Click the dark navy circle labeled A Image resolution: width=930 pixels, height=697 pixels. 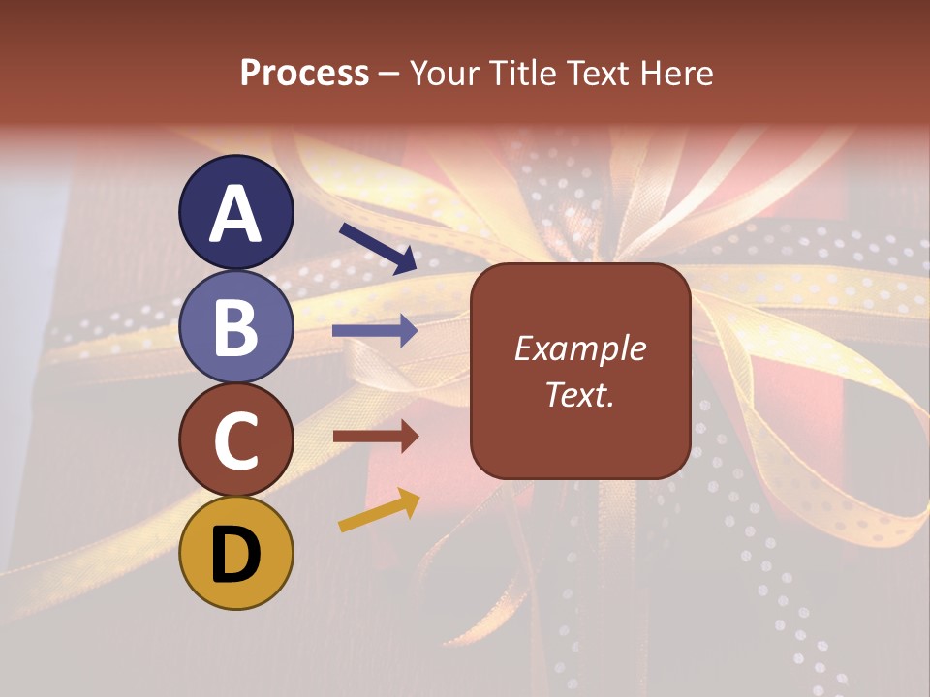coord(236,212)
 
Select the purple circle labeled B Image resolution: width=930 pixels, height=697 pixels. coord(236,326)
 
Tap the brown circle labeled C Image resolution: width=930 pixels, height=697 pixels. coord(236,439)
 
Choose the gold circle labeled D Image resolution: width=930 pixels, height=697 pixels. coord(236,553)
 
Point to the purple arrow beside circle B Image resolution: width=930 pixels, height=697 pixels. coord(375,331)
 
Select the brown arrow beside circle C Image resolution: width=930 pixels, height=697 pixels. coord(375,437)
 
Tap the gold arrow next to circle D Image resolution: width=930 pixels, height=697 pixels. coord(379,510)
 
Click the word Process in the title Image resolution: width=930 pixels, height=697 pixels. coord(304,73)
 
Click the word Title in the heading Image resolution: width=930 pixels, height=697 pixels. coord(525,73)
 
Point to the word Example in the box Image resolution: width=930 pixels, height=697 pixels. coord(579,348)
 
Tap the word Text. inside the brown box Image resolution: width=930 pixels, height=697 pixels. coord(579,395)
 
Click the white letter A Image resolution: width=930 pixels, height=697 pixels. coord(236,214)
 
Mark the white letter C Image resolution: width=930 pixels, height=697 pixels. coord(236,440)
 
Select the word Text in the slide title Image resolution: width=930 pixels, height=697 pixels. coord(598,73)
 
